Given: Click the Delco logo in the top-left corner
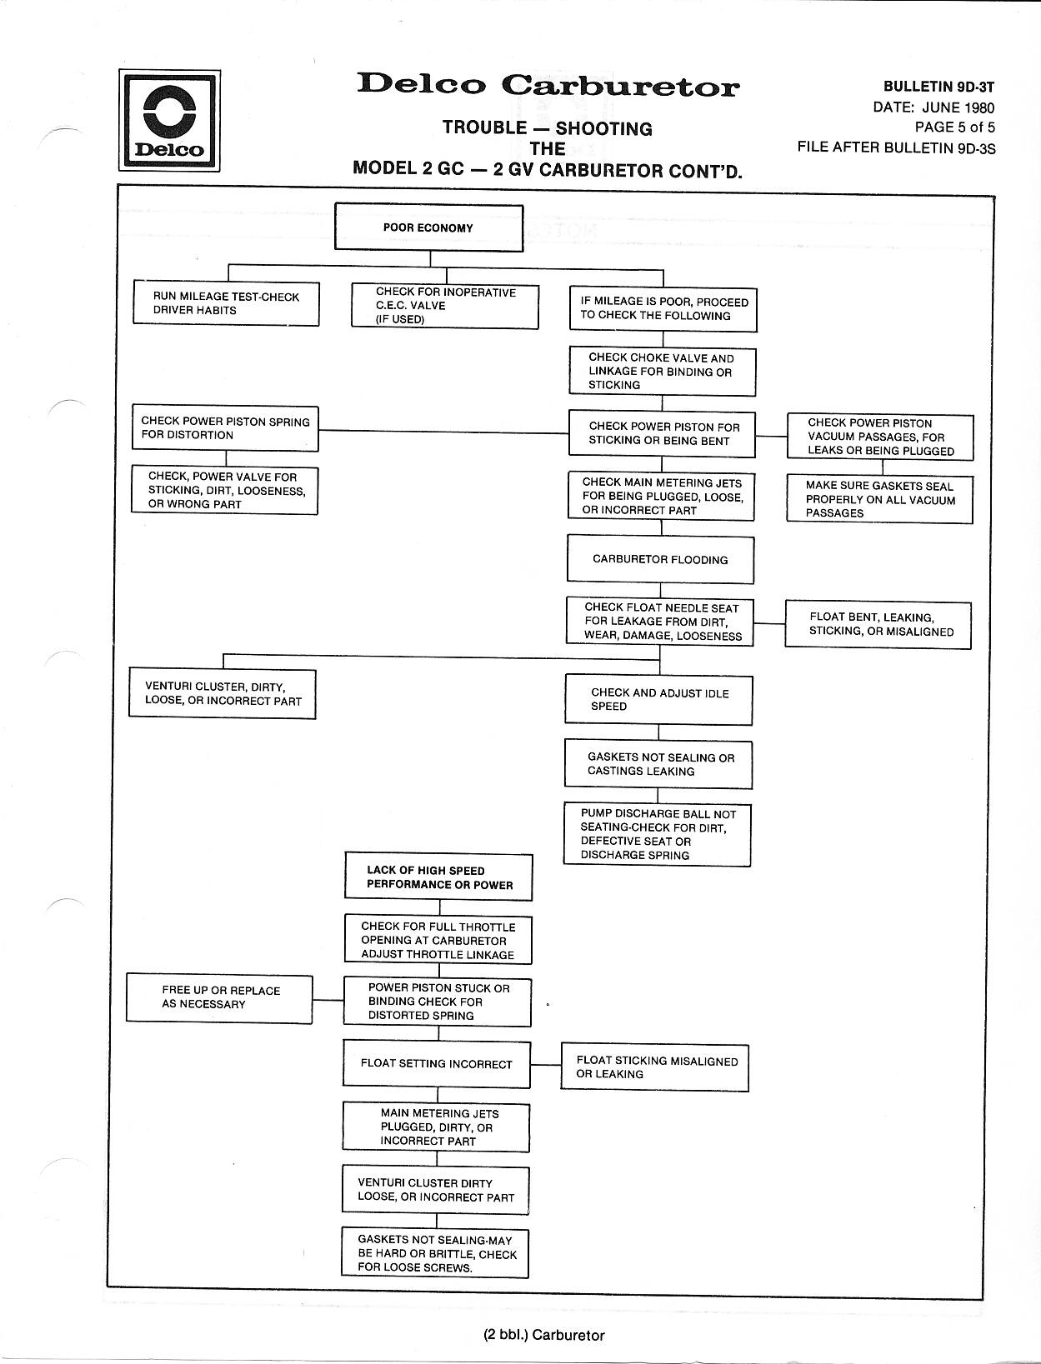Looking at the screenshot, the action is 170,121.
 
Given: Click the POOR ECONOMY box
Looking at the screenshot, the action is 429,227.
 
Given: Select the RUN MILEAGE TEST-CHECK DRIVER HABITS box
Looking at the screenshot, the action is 226,303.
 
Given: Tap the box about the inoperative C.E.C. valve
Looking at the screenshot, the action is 445,306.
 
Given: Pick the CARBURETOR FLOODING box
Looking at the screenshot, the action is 661,559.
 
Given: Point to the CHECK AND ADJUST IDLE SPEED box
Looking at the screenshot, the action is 658,700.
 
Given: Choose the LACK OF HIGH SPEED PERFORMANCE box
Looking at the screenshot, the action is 438,877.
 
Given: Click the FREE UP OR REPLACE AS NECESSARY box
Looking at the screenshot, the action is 219,998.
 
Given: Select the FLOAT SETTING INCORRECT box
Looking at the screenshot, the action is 437,1065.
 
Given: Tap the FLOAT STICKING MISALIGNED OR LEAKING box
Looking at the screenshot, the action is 655,1067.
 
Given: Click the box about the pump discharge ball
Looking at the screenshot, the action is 658,834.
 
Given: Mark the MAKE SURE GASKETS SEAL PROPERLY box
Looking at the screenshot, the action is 880,499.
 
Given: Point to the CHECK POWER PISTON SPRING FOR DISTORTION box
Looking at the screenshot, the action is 226,428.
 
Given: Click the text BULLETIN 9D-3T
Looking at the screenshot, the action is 938,87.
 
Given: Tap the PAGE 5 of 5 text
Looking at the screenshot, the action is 954,127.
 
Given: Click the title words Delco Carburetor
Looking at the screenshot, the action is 548,85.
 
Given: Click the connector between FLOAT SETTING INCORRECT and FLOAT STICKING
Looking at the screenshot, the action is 546,1065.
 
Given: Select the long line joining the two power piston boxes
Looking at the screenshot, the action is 443,432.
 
